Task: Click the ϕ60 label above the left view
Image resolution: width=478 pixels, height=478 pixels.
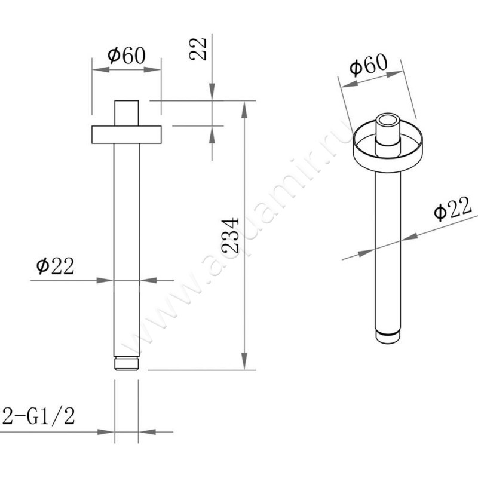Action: [x=127, y=56]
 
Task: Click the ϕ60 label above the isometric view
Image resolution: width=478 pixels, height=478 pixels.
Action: [x=369, y=65]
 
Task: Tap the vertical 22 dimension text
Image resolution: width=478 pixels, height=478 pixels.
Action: [x=198, y=49]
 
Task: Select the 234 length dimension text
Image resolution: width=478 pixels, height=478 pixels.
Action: [x=230, y=235]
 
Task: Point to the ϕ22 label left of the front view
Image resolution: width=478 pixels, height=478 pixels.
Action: [x=55, y=266]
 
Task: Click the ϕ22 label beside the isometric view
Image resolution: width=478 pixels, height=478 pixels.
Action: [x=452, y=209]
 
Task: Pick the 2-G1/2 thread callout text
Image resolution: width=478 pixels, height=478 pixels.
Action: [x=39, y=416]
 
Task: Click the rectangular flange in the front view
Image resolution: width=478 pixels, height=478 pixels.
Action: [x=127, y=134]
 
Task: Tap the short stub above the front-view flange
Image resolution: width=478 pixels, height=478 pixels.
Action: [x=127, y=113]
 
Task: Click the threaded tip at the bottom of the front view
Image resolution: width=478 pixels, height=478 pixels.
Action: [x=127, y=364]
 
